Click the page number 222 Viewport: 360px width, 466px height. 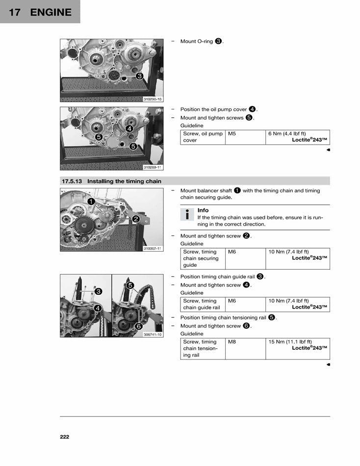65,437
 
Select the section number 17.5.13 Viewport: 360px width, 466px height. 72,181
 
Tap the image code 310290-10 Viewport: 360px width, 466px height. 153,99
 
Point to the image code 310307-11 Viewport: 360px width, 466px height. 153,248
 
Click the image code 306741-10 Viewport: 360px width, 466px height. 153,335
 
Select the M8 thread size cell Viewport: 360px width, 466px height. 232,342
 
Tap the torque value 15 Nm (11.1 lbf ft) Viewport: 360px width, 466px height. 290,342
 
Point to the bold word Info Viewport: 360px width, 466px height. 203,210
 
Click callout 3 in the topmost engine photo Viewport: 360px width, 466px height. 140,76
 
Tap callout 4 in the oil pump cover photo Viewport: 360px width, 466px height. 129,129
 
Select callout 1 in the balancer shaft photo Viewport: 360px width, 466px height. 91,201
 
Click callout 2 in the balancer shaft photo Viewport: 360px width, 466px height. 135,219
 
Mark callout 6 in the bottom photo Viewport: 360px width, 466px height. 139,326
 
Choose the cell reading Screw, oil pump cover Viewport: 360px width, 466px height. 203,137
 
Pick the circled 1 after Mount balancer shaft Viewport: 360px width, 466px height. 237,190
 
